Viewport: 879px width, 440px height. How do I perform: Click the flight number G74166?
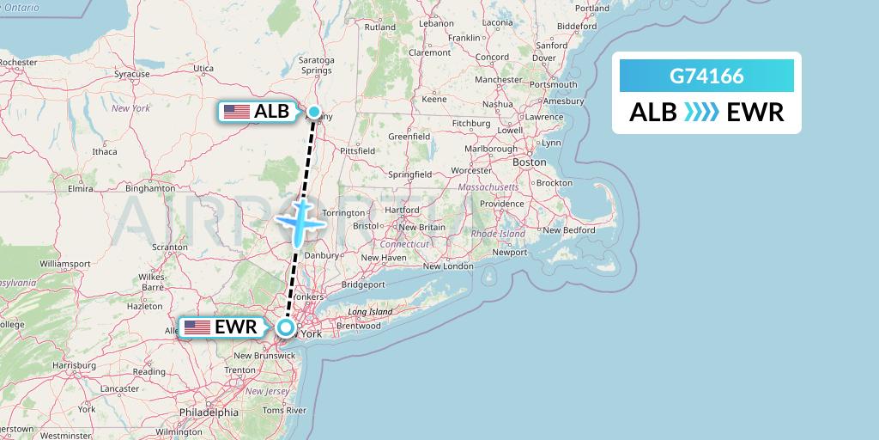coord(706,77)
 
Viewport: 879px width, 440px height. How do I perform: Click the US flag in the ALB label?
coord(236,112)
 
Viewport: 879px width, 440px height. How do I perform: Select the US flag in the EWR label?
coord(197,327)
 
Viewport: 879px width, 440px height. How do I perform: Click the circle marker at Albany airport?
coord(315,111)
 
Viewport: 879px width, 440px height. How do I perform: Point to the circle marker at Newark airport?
coord(286,327)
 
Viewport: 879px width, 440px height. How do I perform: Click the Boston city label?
coord(529,162)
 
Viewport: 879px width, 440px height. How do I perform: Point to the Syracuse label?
coord(132,75)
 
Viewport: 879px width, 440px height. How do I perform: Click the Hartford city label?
coord(402,209)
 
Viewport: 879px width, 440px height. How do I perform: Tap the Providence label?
coord(500,204)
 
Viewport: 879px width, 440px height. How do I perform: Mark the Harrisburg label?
coord(75,365)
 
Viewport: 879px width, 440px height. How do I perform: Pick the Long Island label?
coord(370,312)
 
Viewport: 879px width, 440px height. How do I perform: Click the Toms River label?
coord(284,410)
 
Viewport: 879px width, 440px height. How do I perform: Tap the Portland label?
coord(592,9)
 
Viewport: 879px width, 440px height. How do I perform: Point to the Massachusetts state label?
coord(488,186)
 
